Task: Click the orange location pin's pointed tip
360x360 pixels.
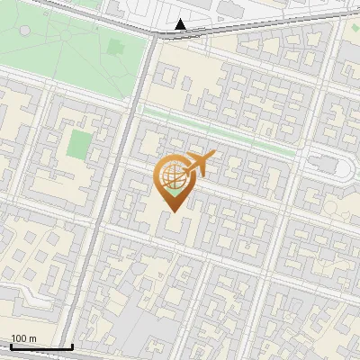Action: point(172,211)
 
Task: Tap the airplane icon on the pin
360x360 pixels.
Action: point(198,165)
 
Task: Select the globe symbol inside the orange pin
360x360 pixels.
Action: point(171,177)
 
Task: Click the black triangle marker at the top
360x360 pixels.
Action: point(181,24)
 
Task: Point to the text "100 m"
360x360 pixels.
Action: point(23,338)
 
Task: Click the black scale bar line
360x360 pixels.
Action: point(40,346)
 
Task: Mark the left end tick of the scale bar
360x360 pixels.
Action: point(9,346)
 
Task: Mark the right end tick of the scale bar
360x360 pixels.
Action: point(72,346)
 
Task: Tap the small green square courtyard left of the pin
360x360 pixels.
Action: point(81,142)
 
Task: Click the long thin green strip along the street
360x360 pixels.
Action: point(220,130)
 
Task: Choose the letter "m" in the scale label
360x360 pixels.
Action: point(32,338)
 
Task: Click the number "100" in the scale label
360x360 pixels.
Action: point(18,338)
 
